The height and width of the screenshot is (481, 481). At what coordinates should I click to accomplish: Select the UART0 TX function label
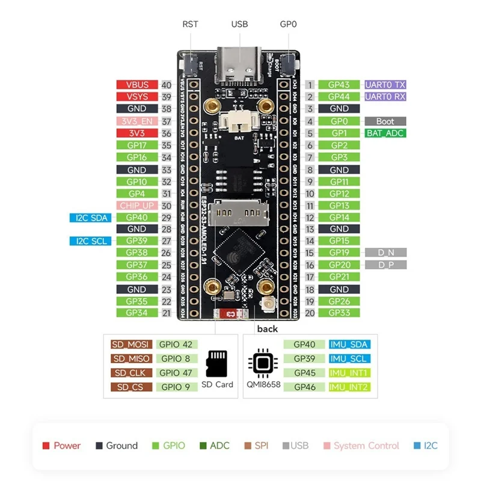pyautogui.click(x=385, y=85)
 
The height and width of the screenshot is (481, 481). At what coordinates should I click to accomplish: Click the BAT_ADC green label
pyautogui.click(x=385, y=133)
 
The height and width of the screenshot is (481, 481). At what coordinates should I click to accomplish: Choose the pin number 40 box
pyautogui.click(x=167, y=85)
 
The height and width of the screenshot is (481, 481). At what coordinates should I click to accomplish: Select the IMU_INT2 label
pyautogui.click(x=349, y=387)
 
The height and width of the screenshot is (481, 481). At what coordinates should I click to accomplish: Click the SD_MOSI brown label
pyautogui.click(x=130, y=345)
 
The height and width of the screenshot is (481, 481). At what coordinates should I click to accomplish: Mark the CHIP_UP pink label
pyautogui.click(x=137, y=206)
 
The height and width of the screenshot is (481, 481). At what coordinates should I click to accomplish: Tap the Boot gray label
pyautogui.click(x=385, y=121)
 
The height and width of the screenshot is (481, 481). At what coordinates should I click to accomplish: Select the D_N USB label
pyautogui.click(x=385, y=253)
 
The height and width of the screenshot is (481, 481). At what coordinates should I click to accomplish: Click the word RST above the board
pyautogui.click(x=190, y=25)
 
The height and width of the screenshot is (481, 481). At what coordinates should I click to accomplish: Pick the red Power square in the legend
pyautogui.click(x=46, y=446)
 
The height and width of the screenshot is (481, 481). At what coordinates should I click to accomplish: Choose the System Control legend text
pyautogui.click(x=366, y=446)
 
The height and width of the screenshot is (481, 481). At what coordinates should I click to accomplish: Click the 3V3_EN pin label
pyautogui.click(x=136, y=121)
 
